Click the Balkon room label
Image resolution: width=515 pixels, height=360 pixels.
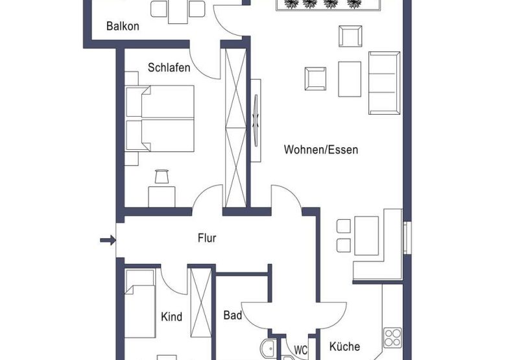click(123, 27)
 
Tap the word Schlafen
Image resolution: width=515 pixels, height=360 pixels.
click(169, 67)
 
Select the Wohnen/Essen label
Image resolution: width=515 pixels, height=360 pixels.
click(320, 150)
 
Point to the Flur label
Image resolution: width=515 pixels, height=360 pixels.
click(206, 239)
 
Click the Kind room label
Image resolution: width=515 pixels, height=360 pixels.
click(171, 317)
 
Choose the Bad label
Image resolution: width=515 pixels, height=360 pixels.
click(232, 316)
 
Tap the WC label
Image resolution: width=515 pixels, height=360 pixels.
click(300, 350)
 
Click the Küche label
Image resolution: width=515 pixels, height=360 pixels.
click(344, 347)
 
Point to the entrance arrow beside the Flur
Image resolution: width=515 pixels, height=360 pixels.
click(108, 241)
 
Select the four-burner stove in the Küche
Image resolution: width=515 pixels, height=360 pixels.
click(393, 337)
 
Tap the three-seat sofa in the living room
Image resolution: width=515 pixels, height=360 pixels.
click(384, 82)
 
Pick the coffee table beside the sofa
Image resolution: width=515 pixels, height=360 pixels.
click(350, 78)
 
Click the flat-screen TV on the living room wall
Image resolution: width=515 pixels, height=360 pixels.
click(256, 119)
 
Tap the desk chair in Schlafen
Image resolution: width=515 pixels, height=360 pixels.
click(161, 176)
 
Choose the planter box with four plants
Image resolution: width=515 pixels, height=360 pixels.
click(318, 5)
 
